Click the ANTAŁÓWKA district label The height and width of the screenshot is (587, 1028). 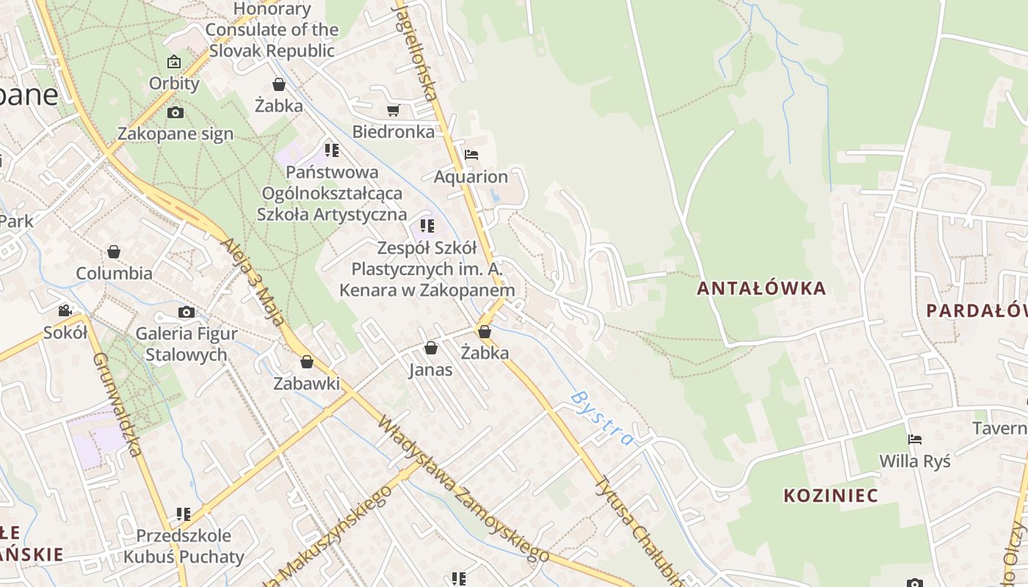(x=761, y=288)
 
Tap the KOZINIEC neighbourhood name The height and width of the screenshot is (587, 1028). (x=830, y=495)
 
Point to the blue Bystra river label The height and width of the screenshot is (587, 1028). (x=601, y=418)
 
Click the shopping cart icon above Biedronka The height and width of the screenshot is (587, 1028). (x=393, y=111)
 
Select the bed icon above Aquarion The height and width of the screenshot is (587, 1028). (x=471, y=155)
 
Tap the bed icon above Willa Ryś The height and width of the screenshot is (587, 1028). (x=915, y=440)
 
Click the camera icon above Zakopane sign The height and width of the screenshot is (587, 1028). (x=175, y=112)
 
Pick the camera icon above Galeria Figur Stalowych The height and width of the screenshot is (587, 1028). (x=187, y=312)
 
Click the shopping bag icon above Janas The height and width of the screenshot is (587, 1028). (x=431, y=348)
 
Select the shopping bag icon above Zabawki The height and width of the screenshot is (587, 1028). (x=307, y=362)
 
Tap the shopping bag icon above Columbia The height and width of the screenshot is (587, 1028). (x=114, y=252)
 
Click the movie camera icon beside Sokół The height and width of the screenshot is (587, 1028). (x=65, y=310)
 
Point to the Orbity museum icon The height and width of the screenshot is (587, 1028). (x=174, y=62)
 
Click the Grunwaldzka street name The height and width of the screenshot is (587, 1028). (x=117, y=404)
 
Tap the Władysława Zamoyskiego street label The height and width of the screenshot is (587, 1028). (x=463, y=489)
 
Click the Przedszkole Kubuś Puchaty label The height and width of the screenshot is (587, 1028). (x=183, y=546)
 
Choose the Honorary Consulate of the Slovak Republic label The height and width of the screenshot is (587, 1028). (x=272, y=30)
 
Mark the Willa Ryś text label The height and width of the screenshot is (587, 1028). (x=915, y=462)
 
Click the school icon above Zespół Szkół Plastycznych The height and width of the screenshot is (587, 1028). (x=427, y=225)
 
